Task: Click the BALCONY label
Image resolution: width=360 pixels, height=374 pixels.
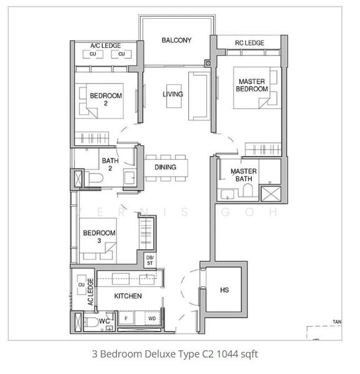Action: click(x=176, y=41)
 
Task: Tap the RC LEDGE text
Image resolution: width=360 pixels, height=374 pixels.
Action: click(x=249, y=43)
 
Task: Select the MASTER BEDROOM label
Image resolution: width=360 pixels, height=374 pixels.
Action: click(x=252, y=85)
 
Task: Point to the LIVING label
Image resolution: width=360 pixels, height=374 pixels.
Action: click(x=173, y=95)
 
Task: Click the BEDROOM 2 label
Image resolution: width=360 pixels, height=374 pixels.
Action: click(x=106, y=99)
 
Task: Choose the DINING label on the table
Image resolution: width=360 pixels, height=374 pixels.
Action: click(x=166, y=167)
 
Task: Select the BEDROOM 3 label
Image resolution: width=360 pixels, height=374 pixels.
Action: click(x=98, y=237)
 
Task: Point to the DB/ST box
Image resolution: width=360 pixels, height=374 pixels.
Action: click(x=149, y=260)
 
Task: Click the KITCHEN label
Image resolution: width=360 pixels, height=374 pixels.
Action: click(x=128, y=296)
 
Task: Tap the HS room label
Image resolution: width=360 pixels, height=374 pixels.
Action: click(x=225, y=290)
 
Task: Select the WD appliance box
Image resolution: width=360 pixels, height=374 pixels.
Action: click(x=151, y=319)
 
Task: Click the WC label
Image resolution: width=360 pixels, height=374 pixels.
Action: click(x=105, y=322)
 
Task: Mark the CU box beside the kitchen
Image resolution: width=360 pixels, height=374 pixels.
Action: click(x=81, y=285)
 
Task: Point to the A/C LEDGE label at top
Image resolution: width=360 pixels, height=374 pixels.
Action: click(x=105, y=46)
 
